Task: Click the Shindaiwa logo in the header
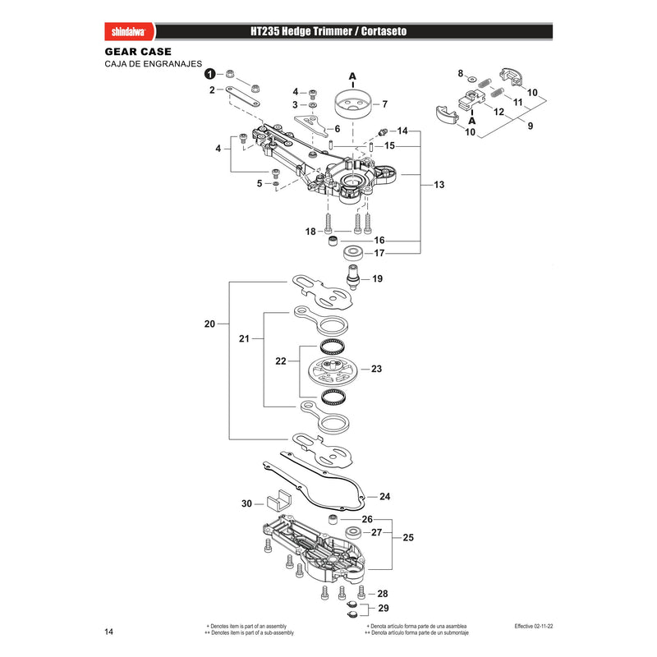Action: [x=129, y=32]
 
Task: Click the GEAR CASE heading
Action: [x=138, y=52]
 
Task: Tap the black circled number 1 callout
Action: [x=210, y=74]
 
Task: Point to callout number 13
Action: [x=439, y=185]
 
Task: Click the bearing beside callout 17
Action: [x=352, y=253]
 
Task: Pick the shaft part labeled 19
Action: [x=353, y=277]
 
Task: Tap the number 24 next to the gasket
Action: [x=384, y=497]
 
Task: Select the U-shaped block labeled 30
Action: [x=278, y=501]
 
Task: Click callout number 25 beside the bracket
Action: [x=408, y=538]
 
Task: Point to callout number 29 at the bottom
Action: [x=384, y=608]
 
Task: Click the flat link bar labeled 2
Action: [x=242, y=96]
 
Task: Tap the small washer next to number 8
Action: [x=472, y=78]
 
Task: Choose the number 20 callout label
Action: [x=209, y=324]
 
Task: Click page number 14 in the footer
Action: [x=109, y=632]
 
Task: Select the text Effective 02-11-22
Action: [x=533, y=627]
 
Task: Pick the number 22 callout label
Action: [x=281, y=361]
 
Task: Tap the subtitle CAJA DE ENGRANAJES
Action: [x=154, y=64]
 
